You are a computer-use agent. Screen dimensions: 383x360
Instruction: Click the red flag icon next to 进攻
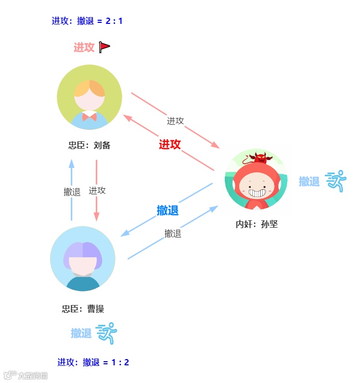[x=105, y=47]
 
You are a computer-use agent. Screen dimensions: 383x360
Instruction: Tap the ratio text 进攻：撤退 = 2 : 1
[x=87, y=21]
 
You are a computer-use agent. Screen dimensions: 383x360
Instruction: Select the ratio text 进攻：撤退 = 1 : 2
[x=93, y=362]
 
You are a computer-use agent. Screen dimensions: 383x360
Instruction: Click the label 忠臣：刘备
[x=89, y=146]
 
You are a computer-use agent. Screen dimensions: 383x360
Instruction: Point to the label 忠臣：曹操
[x=83, y=309]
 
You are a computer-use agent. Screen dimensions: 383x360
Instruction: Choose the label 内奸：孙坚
[x=256, y=224]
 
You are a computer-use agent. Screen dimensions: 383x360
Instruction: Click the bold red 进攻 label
[x=170, y=144]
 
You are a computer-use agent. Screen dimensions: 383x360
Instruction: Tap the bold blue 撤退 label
[x=168, y=210]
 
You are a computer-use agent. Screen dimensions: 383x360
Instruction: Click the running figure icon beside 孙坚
[x=336, y=181]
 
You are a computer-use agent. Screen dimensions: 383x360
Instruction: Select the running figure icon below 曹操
[x=107, y=333]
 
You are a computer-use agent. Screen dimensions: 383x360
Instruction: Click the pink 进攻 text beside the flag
[x=84, y=47]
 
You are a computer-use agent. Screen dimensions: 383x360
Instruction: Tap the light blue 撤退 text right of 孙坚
[x=309, y=181]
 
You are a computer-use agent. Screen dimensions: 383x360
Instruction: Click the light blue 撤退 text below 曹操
[x=81, y=333]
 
